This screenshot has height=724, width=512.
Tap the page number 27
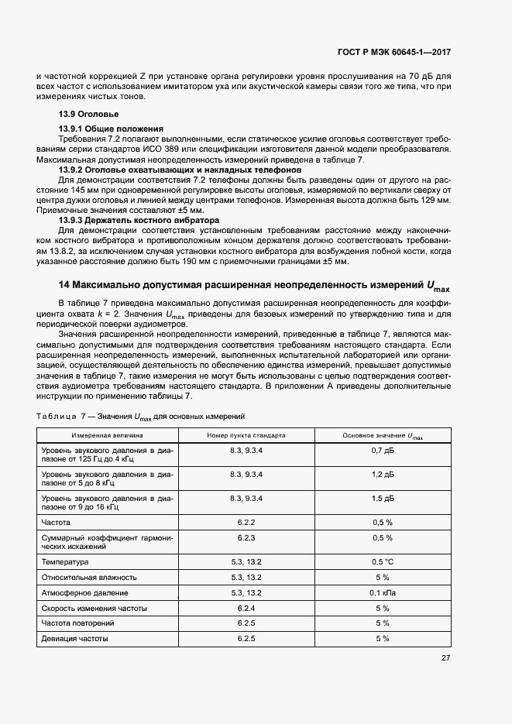[x=445, y=658]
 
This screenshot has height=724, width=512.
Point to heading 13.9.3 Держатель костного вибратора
[x=129, y=220]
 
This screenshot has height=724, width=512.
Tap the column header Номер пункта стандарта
[x=246, y=436]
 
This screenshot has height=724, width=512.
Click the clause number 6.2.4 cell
[x=246, y=608]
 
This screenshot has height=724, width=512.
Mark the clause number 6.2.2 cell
[x=246, y=523]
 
